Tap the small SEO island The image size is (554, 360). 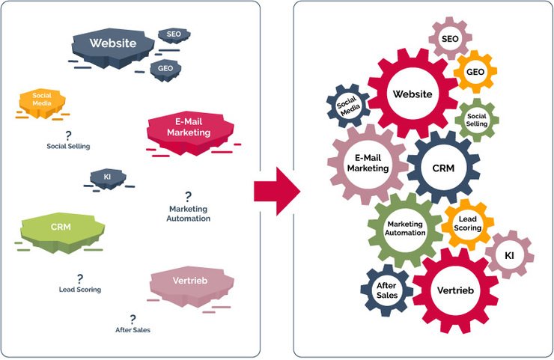coord(174,34)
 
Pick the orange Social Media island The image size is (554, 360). coord(40,102)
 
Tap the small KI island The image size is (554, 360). coord(108,177)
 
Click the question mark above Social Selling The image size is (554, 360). coord(68,135)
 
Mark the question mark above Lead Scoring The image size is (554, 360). coord(79,278)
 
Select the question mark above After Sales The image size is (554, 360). coord(133,319)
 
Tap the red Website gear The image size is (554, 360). coord(412,94)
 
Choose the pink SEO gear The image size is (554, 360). coord(450,38)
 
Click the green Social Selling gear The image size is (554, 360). coord(477,120)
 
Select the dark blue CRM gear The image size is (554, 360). coord(443,168)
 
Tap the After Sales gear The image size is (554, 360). coord(387,290)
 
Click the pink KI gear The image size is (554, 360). coord(509,256)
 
